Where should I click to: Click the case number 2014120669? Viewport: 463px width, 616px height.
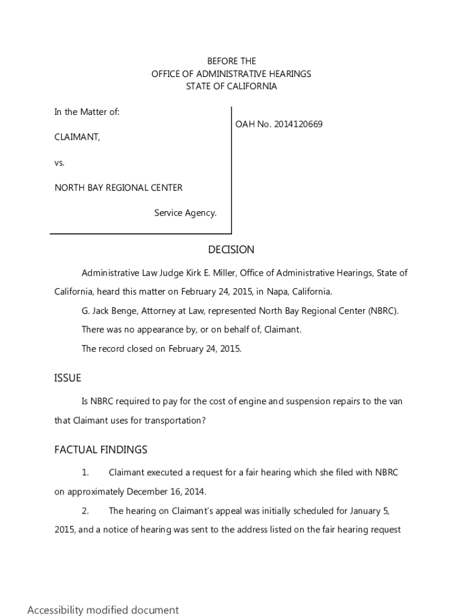[298, 125]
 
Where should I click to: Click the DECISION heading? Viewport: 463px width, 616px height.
[231, 250]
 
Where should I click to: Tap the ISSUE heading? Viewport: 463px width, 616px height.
[67, 378]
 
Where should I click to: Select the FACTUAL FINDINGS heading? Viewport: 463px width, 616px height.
[100, 450]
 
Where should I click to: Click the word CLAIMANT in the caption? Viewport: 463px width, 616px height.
[77, 137]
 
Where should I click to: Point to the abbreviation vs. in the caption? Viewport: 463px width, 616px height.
[60, 162]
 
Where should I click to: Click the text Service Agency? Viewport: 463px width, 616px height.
[185, 213]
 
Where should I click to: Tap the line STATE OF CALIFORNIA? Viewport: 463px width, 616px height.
[231, 87]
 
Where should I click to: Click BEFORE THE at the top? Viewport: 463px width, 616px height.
[231, 61]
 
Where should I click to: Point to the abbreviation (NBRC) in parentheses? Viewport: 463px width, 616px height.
[382, 311]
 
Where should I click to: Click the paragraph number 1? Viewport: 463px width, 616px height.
[85, 473]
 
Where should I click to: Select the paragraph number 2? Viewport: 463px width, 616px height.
[85, 511]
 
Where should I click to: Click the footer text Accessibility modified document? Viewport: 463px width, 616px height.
[103, 610]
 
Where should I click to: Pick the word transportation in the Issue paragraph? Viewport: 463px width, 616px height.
[174, 420]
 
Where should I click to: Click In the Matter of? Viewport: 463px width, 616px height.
[87, 112]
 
